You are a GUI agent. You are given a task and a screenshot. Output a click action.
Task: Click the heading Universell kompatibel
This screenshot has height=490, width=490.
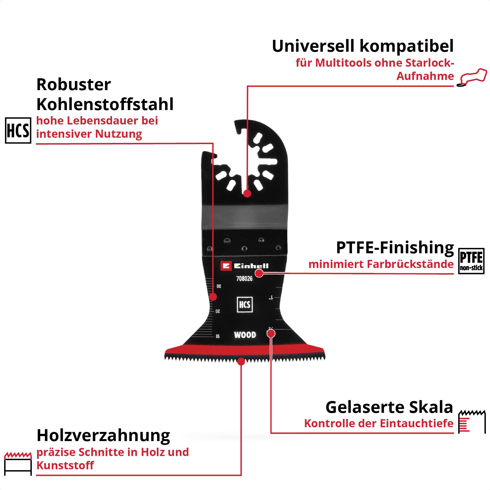(363, 46)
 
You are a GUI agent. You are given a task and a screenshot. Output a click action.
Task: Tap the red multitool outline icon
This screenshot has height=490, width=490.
(472, 77)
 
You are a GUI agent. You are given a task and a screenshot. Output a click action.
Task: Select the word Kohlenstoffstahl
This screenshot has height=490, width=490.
(105, 104)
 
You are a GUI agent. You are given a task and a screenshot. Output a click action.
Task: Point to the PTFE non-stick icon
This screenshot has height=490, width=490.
(471, 261)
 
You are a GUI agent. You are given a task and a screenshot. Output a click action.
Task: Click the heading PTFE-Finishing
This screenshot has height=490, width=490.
(395, 247)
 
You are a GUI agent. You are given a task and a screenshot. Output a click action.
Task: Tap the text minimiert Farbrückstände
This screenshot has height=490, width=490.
(381, 264)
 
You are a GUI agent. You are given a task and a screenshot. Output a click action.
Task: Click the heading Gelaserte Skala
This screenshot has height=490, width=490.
(389, 407)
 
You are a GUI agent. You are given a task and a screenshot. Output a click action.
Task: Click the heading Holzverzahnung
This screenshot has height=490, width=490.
(103, 436)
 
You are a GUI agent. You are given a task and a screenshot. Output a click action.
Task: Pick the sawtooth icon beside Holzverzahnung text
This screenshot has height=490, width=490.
(18, 463)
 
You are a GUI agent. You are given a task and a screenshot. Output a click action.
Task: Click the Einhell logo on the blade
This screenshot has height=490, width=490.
(244, 266)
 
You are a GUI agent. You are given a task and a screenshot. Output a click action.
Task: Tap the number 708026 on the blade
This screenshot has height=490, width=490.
(244, 279)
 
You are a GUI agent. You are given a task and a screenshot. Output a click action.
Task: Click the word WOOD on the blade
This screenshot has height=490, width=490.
(245, 335)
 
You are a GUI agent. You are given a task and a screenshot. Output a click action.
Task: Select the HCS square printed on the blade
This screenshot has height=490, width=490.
(245, 304)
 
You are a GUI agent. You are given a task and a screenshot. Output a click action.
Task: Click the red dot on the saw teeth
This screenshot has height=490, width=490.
(241, 361)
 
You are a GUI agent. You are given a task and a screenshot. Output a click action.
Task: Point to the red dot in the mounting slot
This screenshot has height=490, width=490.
(247, 193)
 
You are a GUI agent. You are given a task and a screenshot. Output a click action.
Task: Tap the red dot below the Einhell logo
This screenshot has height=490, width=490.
(259, 273)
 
